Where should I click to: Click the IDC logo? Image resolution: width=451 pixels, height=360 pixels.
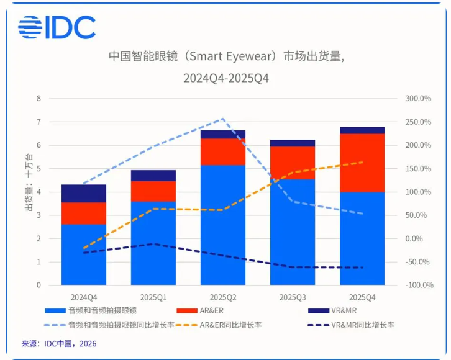coord(57,27)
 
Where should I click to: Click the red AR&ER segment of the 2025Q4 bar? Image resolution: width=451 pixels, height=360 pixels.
coord(362,163)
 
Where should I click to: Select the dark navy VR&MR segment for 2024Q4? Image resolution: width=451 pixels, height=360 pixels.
coord(84,193)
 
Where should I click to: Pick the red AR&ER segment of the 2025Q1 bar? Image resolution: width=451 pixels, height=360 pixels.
coord(153,191)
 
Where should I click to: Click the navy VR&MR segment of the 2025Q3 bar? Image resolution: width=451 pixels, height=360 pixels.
coord(292,143)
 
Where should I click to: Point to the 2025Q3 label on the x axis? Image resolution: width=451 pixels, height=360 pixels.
coord(292,297)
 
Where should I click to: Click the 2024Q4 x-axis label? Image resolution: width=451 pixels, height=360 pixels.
coord(84,297)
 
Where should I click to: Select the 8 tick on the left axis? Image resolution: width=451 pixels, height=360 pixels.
coord(39,98)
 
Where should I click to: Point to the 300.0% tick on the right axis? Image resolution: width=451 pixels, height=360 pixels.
coord(417,98)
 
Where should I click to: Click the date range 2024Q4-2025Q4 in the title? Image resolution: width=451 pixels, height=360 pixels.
coord(226,78)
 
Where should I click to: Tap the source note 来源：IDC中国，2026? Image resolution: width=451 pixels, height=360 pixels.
coord(59,343)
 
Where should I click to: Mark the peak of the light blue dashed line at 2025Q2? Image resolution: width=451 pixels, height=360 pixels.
coord(223,119)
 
